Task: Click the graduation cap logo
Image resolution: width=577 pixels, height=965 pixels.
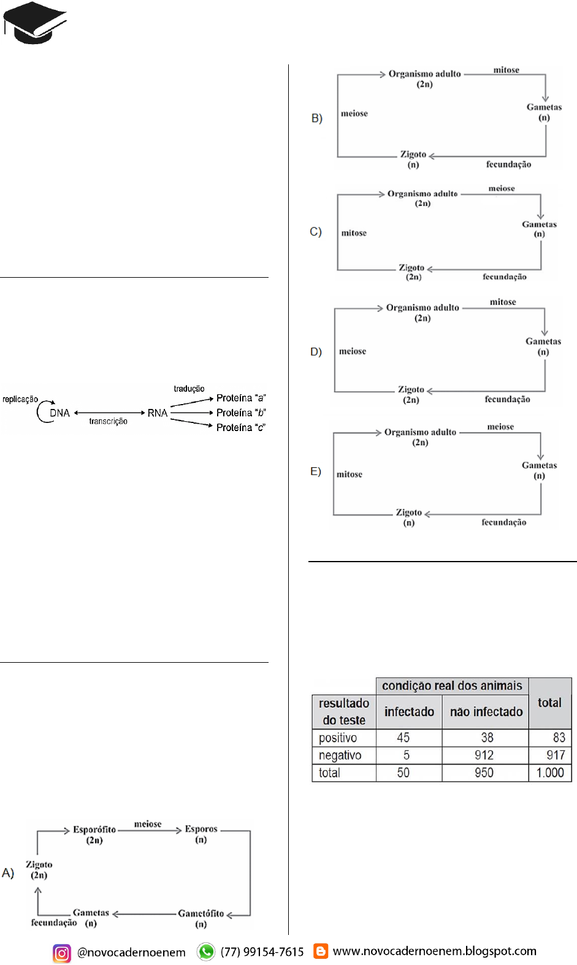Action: tap(34, 23)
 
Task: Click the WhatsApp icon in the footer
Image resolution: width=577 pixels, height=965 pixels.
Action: tap(206, 952)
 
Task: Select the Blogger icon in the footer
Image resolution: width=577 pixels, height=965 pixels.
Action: tap(321, 951)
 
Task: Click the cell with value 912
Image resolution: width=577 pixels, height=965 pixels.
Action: tap(484, 755)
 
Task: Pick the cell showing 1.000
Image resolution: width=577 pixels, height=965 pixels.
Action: tap(550, 772)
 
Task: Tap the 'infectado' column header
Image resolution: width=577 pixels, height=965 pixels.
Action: tap(409, 712)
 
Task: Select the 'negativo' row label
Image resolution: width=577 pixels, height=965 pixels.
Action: tap(340, 755)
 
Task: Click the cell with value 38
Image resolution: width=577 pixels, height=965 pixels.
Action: tap(487, 738)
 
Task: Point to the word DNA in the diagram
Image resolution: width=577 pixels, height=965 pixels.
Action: tap(59, 413)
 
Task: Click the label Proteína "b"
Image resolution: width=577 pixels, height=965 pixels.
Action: tap(241, 413)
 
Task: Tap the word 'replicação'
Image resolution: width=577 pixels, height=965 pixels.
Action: tap(20, 399)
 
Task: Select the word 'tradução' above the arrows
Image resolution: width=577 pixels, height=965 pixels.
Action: tap(189, 389)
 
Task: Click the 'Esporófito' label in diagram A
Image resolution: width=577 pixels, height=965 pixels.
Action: tap(94, 830)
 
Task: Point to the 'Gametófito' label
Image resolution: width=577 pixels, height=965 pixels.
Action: tap(201, 914)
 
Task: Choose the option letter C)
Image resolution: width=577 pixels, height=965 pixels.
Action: tap(316, 232)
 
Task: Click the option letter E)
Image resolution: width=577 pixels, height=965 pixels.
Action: tap(316, 471)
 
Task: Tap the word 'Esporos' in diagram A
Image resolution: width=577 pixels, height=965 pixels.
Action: tap(201, 829)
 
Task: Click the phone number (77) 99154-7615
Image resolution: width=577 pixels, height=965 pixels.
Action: tap(262, 952)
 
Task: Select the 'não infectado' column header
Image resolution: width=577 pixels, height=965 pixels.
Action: tap(486, 712)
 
